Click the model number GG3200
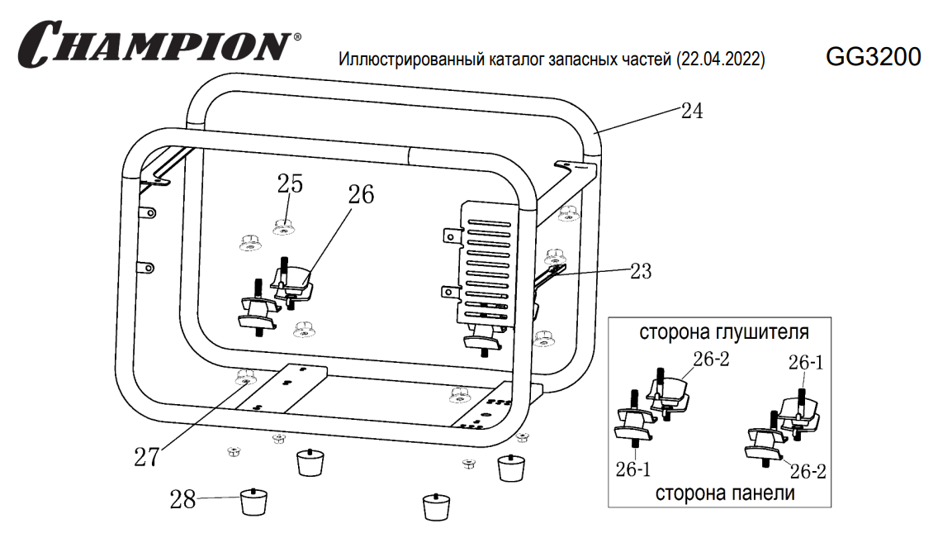point(873,56)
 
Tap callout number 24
point(692,111)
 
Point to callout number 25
point(289,183)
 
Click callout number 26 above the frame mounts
point(360,194)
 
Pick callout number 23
point(640,270)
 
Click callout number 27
point(146,457)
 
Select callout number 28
point(183,499)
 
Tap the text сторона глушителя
point(723,332)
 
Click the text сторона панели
point(725,493)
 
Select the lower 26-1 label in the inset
point(633,469)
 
